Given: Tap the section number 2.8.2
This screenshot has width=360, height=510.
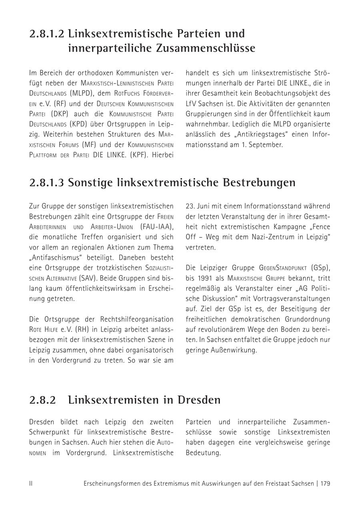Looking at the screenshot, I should (42, 400).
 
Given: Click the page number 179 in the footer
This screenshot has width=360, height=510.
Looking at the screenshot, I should (325, 484).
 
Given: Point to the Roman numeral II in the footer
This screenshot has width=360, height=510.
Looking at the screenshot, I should (31, 484).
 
